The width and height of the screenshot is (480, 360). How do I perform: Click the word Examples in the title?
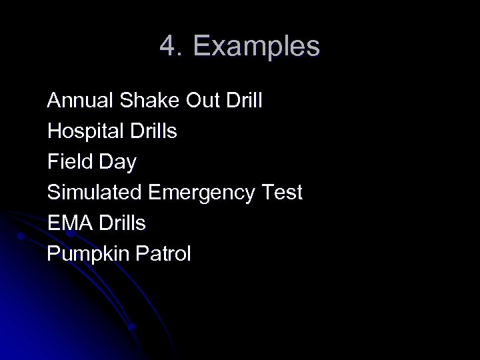coord(257,47)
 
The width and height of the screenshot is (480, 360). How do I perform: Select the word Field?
coord(68,162)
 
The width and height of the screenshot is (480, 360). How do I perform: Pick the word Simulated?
coord(93,193)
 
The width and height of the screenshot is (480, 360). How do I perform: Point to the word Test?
coord(281,193)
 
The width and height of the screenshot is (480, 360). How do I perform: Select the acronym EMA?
coord(69,223)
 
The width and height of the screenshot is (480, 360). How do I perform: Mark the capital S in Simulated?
coord(53,193)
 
